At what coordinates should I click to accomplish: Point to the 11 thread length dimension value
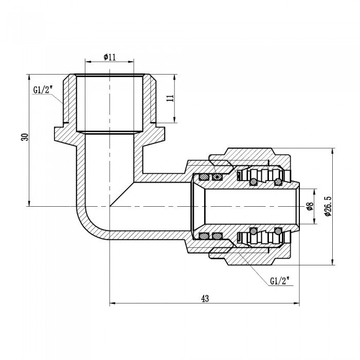pos(172,99)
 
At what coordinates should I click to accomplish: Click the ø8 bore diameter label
pos(310,206)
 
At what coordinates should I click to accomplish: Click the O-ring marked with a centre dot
pos(218,177)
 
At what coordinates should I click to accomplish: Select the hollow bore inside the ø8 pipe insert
pos(247,206)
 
